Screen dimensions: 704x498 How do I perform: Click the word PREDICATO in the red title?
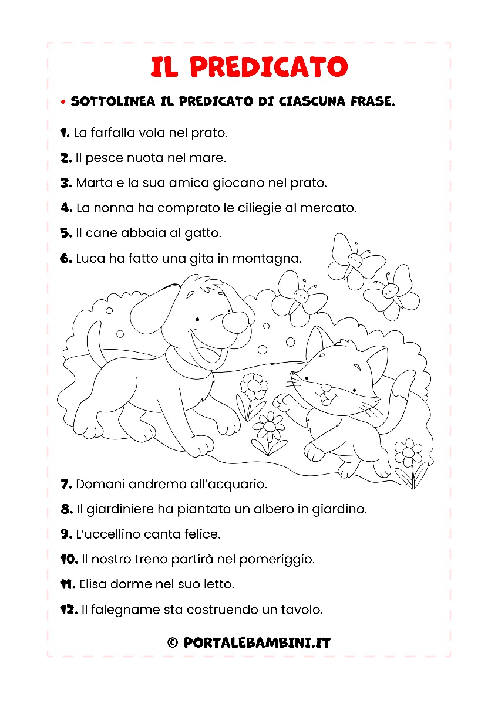(x=269, y=67)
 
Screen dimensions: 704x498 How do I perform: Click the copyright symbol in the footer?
(x=173, y=643)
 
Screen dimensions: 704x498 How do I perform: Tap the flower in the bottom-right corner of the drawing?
(x=408, y=453)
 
